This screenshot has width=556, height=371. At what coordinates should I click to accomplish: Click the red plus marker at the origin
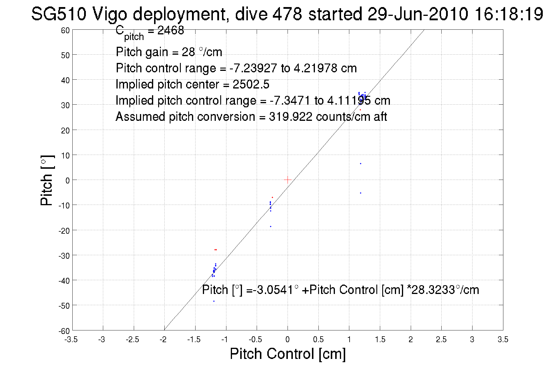point(287,180)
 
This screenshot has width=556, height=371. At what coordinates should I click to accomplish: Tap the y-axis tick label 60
point(65,30)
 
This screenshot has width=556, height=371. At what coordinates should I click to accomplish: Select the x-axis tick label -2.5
point(132,340)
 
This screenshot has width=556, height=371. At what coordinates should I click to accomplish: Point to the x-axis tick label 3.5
point(503,340)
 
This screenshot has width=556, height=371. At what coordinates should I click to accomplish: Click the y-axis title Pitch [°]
point(47,180)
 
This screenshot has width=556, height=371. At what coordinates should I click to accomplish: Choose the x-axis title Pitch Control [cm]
point(288,354)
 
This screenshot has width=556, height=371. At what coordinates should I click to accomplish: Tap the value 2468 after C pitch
point(171,30)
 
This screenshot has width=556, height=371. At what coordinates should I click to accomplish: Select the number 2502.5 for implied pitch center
point(251,84)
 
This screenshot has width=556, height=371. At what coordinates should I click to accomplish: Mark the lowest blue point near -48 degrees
point(214,301)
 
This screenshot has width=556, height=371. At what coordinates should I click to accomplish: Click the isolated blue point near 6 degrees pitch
point(360,163)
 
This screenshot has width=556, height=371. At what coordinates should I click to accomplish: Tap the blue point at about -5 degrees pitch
point(360,193)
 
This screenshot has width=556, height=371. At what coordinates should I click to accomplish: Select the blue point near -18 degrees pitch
point(271,226)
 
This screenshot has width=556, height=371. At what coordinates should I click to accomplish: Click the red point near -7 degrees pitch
point(272,197)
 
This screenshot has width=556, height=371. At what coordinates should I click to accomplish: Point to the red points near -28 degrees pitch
point(216,250)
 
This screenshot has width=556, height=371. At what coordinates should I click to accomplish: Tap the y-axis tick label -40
point(64,281)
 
